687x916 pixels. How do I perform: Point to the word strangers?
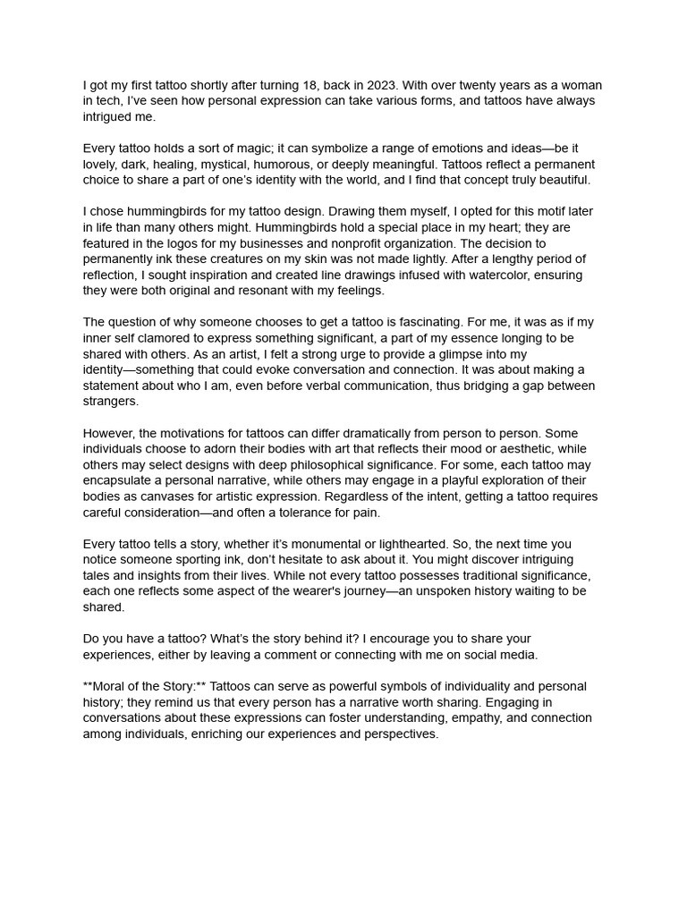click(x=111, y=402)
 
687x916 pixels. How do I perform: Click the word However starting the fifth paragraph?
click(x=111, y=433)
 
